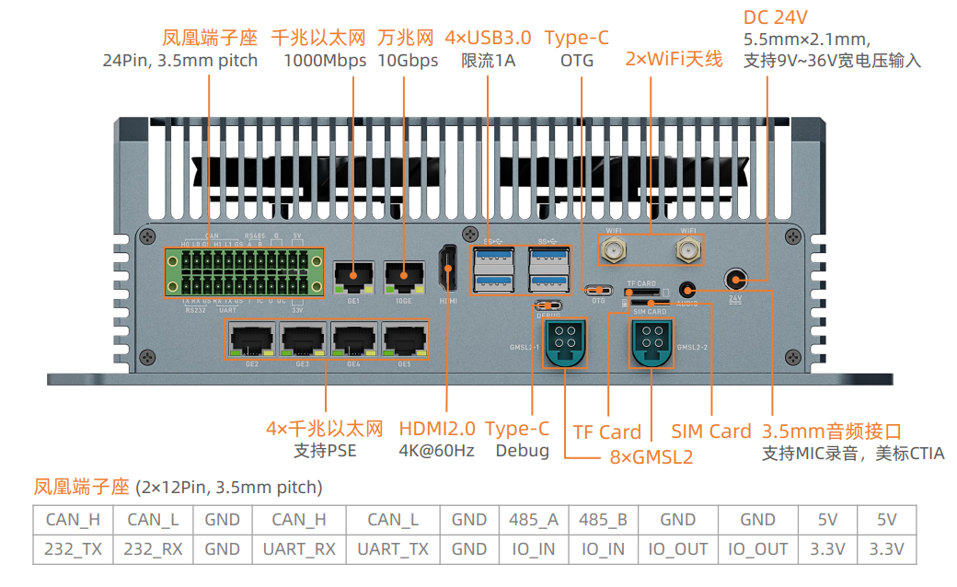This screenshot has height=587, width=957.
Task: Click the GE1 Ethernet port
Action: coord(353,273)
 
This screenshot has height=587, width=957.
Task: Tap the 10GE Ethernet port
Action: coord(403,273)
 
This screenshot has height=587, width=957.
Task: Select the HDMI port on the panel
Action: coord(448,270)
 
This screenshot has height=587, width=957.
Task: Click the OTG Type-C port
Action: coord(598,290)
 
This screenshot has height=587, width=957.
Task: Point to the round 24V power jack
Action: coord(734,280)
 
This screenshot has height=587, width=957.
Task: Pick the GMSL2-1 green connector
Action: coord(563,342)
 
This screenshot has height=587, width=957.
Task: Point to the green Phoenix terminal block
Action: coord(244,271)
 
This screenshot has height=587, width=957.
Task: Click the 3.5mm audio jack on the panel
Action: coord(687,289)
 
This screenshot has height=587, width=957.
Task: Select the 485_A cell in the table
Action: coord(534,519)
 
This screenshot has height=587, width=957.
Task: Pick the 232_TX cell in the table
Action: coord(73,549)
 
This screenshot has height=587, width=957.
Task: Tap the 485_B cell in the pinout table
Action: coord(603,519)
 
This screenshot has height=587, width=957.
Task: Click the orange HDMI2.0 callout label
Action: coord(437,429)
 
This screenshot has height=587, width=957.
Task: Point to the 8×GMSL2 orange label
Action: coord(651,457)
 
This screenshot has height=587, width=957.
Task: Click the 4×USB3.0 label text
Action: coord(488,38)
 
